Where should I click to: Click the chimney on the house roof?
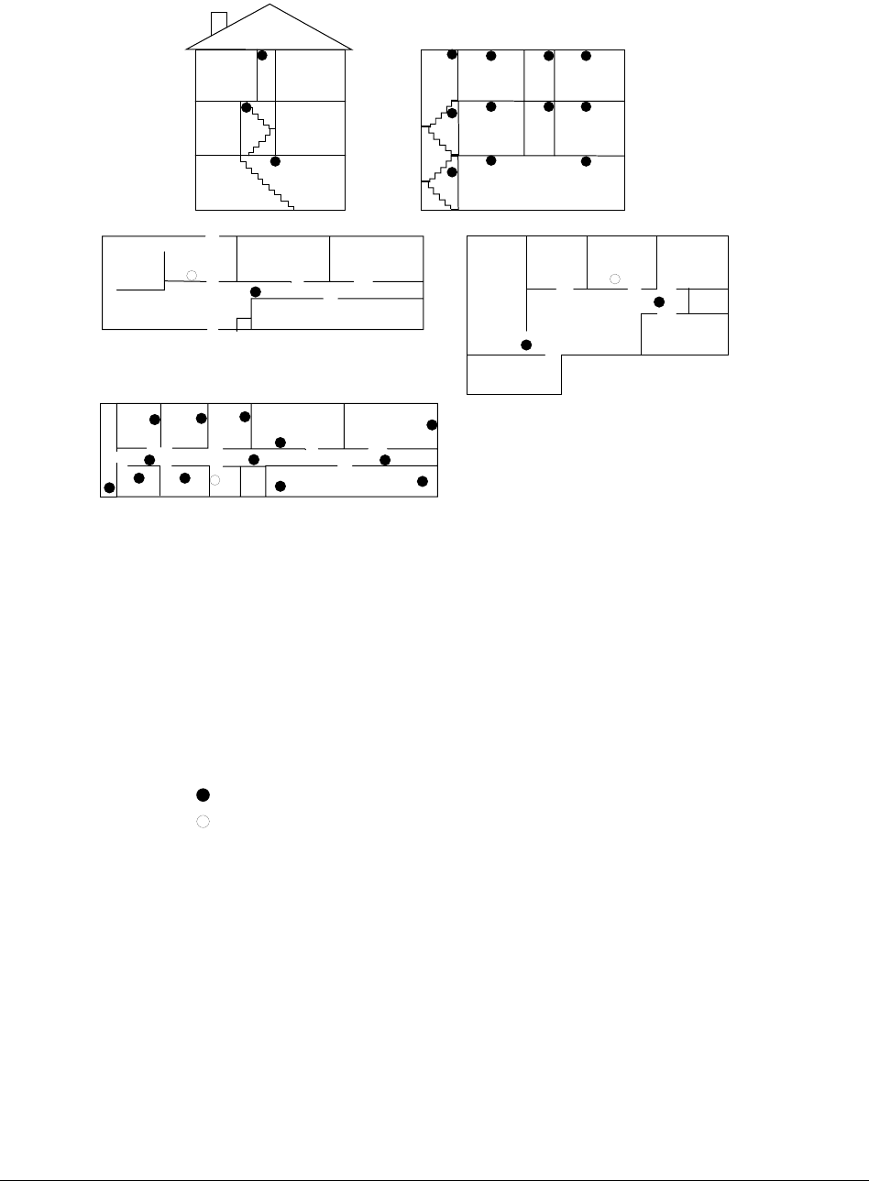pyautogui.click(x=219, y=21)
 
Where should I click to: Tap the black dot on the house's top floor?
pyautogui.click(x=262, y=55)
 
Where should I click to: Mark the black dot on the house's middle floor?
pyautogui.click(x=246, y=108)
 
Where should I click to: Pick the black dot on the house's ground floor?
pyautogui.click(x=275, y=162)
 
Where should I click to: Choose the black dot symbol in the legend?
pyautogui.click(x=203, y=794)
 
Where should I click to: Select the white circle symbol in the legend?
pyautogui.click(x=203, y=821)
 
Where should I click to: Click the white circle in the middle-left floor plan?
pyautogui.click(x=192, y=274)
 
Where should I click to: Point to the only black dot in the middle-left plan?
pyautogui.click(x=256, y=291)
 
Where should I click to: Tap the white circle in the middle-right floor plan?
pyautogui.click(x=615, y=277)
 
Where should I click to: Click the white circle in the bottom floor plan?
pyautogui.click(x=215, y=479)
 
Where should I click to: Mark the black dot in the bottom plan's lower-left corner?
pyautogui.click(x=109, y=487)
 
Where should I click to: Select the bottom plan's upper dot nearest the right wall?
pyautogui.click(x=433, y=425)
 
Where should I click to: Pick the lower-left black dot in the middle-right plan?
pyautogui.click(x=526, y=344)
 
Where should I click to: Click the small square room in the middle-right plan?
pyautogui.click(x=709, y=301)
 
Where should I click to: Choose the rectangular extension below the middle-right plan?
pyautogui.click(x=513, y=374)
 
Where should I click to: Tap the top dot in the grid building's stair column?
pyautogui.click(x=452, y=55)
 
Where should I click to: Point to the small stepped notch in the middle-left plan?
pyautogui.click(x=244, y=323)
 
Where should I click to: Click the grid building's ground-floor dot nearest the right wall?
pyautogui.click(x=587, y=161)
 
